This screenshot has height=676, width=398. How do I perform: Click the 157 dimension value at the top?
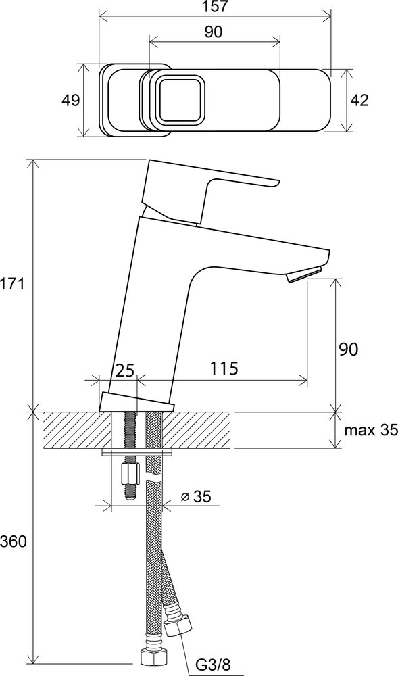pos(217,7)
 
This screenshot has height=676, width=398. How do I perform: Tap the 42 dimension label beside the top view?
pos(359,101)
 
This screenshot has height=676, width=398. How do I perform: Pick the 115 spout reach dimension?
pos(224,369)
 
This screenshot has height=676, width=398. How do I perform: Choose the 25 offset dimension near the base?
pos(125,370)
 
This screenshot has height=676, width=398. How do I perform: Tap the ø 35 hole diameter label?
pos(196,497)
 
